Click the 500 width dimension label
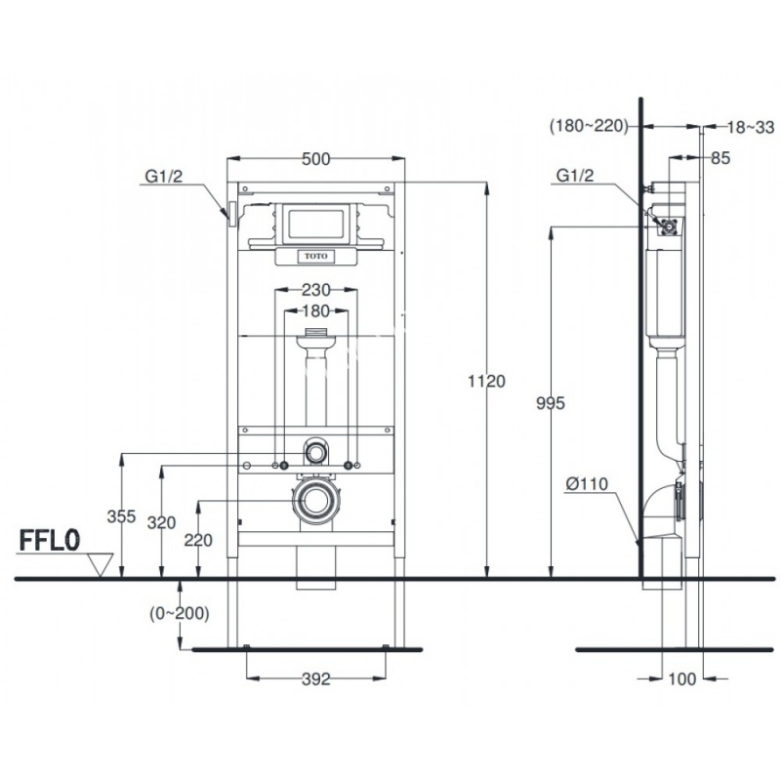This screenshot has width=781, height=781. pos(314,160)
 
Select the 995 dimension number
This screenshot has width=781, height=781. pos(551,402)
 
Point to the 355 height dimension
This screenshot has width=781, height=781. pos(121,517)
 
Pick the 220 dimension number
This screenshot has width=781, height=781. pos(198,540)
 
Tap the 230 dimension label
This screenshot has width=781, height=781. pos(314,289)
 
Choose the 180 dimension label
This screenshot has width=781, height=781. pos(314,311)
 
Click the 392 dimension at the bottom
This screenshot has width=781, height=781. pos(314,678)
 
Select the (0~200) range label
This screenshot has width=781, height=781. pos(180,613)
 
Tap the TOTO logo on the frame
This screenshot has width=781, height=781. pos(314,257)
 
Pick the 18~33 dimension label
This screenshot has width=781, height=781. pos(751,126)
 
